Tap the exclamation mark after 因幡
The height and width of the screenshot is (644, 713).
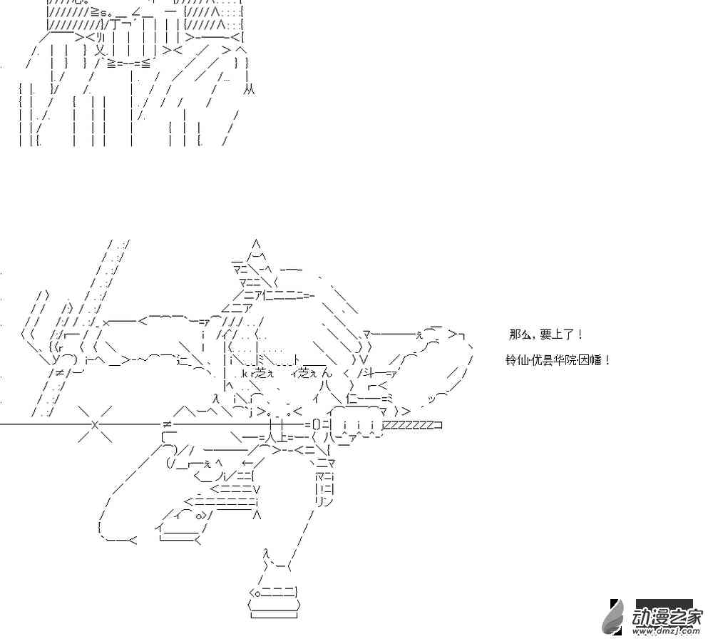pyautogui.click(x=607, y=360)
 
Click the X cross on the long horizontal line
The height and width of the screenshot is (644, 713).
pyautogui.click(x=95, y=425)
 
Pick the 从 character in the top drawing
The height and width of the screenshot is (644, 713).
pyautogui.click(x=248, y=90)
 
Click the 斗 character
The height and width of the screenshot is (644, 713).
pyautogui.click(x=371, y=372)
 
